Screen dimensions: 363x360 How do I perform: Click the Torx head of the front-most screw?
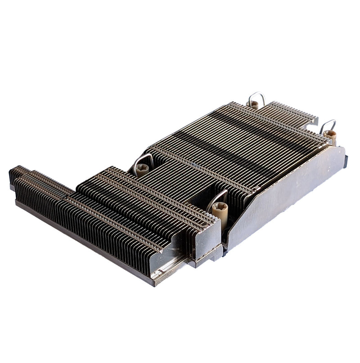point(220,207)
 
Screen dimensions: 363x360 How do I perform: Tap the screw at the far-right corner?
point(329,133)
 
